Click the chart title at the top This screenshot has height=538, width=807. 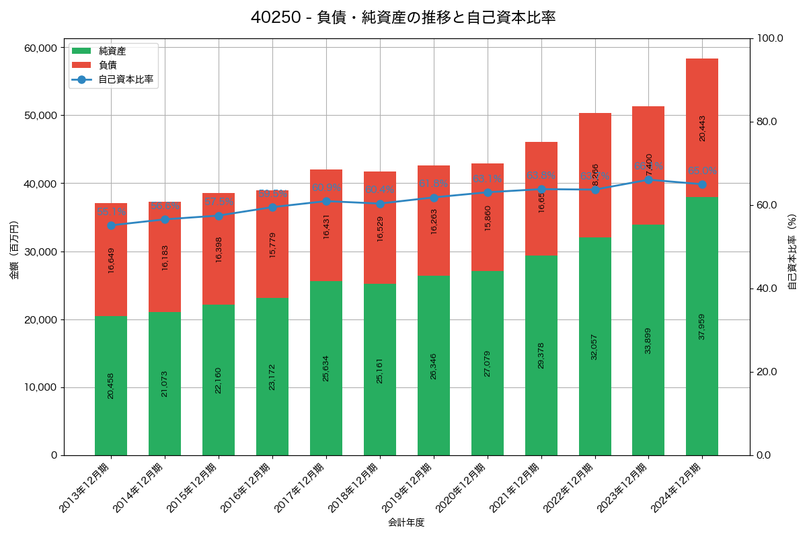[x=403, y=18]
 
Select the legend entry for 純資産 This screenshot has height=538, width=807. [x=112, y=51]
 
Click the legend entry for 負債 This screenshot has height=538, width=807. [x=108, y=65]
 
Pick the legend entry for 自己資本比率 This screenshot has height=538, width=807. [x=125, y=79]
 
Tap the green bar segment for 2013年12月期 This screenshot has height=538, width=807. [x=111, y=385]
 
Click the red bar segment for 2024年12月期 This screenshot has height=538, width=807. [x=702, y=128]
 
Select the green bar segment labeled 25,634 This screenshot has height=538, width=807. [x=326, y=368]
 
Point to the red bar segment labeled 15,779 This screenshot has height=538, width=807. [x=272, y=244]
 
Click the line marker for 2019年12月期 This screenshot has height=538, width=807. [x=434, y=198]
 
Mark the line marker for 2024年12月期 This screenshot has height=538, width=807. [x=702, y=184]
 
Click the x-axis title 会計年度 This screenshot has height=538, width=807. [x=406, y=523]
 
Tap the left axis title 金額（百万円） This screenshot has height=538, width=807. [x=14, y=250]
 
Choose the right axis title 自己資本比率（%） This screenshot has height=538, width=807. [x=792, y=252]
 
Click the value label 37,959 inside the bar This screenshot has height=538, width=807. [x=702, y=327]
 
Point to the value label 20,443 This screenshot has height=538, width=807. [x=702, y=128]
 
